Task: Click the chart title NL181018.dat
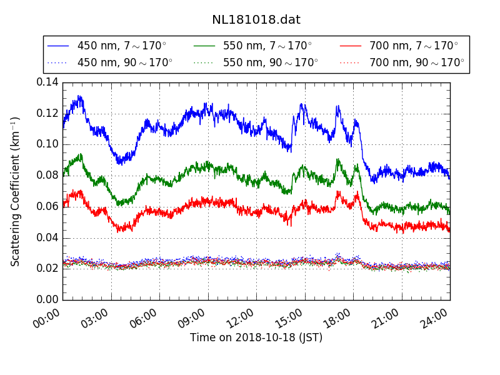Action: [x=256, y=20]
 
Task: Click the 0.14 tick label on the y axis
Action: [x=47, y=82]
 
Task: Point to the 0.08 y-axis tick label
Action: [x=47, y=175]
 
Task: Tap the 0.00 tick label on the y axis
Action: [x=47, y=299]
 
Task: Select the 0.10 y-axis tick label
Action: [x=47, y=144]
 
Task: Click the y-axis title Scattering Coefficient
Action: [x=16, y=191]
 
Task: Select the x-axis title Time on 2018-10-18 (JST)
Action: [x=256, y=337]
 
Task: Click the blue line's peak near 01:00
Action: [x=79, y=96]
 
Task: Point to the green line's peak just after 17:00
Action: [x=338, y=159]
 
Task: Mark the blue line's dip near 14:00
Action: [x=289, y=151]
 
